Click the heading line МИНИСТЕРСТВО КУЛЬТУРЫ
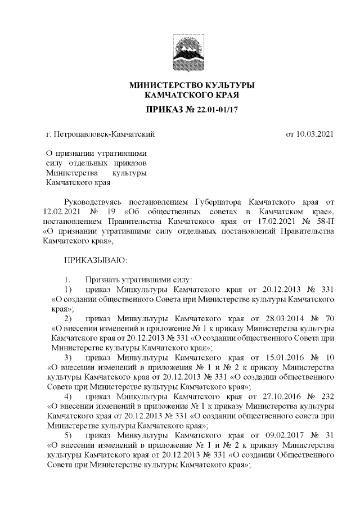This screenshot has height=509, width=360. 192,85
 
